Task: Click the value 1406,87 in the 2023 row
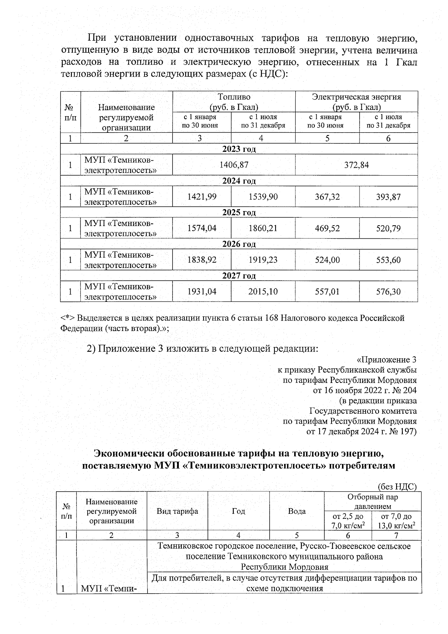(234, 165)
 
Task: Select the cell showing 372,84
(356, 165)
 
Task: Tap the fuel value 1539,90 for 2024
(263, 197)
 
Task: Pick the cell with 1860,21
(263, 228)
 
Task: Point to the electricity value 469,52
(327, 228)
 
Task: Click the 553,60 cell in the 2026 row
(388, 260)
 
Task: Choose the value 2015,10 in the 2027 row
(263, 291)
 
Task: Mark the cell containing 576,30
(388, 291)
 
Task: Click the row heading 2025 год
(239, 213)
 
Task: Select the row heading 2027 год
(239, 276)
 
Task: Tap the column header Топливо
(234, 97)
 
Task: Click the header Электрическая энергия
(356, 97)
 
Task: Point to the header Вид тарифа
(177, 511)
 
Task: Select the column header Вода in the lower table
(297, 511)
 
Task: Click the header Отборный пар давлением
(372, 501)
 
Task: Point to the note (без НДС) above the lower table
(396, 486)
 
